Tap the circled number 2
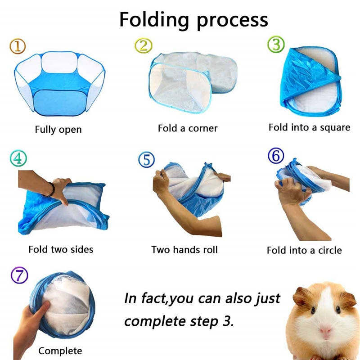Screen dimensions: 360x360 (144, 45)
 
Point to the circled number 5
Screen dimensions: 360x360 (147, 159)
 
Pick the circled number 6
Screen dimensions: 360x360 (276, 156)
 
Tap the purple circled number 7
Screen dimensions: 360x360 (18, 275)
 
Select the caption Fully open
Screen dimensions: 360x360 (58, 130)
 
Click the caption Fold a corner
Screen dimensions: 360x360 (187, 128)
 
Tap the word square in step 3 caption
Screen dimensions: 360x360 (334, 127)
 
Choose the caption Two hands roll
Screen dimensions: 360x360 (184, 249)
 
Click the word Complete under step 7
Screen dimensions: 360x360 (60, 351)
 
